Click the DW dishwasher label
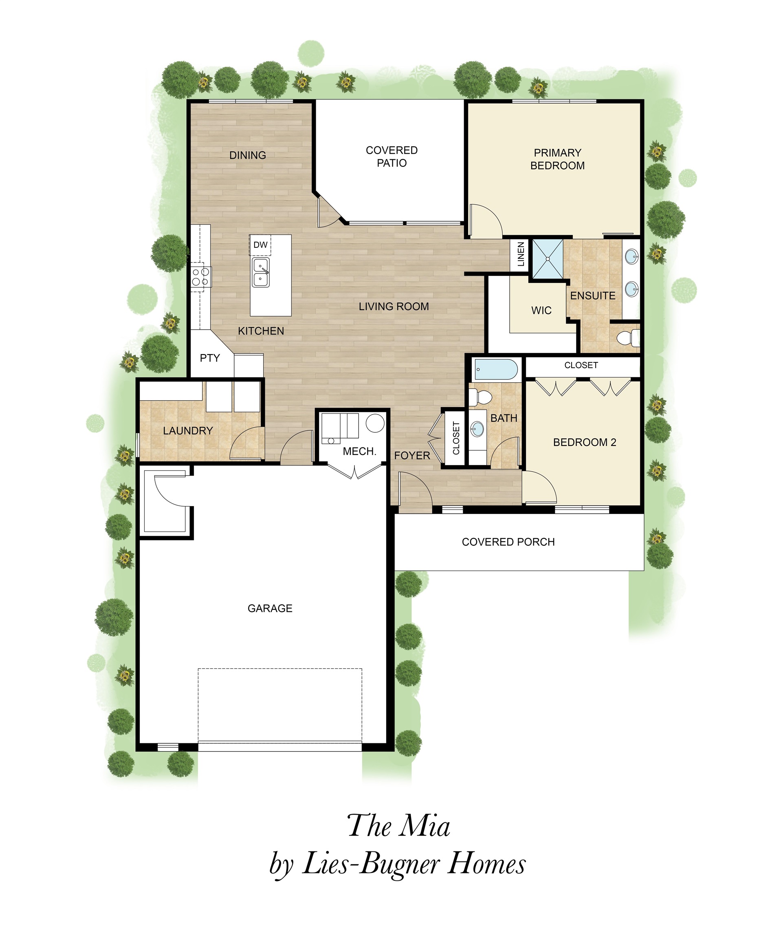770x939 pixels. [260, 245]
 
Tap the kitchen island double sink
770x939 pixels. [260, 273]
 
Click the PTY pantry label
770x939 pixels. [210, 358]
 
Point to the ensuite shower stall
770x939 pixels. [548, 259]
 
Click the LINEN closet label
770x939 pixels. [521, 254]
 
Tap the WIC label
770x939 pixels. [541, 310]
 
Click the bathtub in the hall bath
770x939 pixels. [496, 370]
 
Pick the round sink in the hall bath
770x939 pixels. [477, 429]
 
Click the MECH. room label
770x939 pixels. [359, 451]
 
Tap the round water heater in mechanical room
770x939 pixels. [375, 423]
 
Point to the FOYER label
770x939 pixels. [412, 455]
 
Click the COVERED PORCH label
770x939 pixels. [508, 542]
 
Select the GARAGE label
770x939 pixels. [270, 608]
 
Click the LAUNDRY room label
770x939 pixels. [188, 430]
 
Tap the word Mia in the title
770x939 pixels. [425, 826]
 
